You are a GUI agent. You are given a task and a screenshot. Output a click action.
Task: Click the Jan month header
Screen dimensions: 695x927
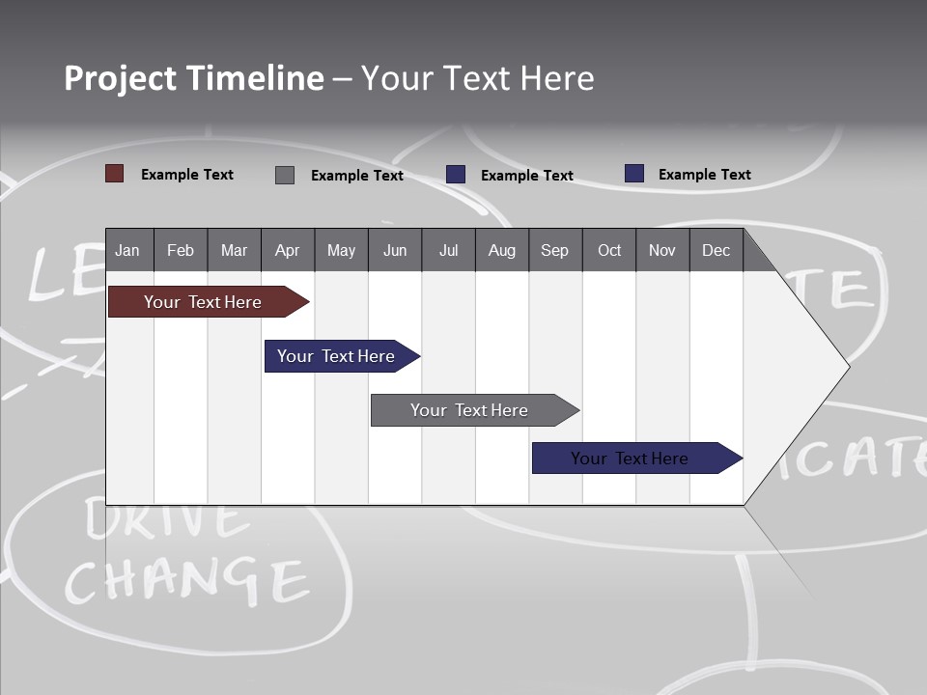pyautogui.click(x=127, y=251)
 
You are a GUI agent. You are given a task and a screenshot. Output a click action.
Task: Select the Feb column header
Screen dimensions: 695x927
pyautogui.click(x=181, y=251)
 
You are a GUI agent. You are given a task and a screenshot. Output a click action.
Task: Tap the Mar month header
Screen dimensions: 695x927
pyautogui.click(x=234, y=251)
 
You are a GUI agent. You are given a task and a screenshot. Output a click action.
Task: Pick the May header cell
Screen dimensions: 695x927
pyautogui.click(x=341, y=251)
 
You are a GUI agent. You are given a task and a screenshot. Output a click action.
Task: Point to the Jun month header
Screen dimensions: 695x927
pyautogui.click(x=395, y=251)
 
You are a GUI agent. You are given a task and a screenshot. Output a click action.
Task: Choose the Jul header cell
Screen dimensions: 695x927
pyautogui.click(x=448, y=251)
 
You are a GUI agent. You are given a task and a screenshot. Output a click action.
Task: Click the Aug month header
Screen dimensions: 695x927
pyautogui.click(x=502, y=251)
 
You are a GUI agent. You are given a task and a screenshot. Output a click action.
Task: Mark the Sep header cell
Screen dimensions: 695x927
pyautogui.click(x=555, y=251)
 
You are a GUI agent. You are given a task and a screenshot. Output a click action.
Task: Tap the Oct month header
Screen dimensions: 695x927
pyautogui.click(x=609, y=251)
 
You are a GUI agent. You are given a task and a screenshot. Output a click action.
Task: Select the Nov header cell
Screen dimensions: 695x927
pyautogui.click(x=662, y=251)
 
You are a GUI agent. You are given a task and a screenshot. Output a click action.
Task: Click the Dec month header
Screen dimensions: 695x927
pyautogui.click(x=716, y=251)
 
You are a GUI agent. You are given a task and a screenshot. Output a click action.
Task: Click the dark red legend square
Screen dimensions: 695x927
pyautogui.click(x=115, y=174)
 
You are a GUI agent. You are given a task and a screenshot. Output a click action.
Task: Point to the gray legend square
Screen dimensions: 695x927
pyautogui.click(x=285, y=175)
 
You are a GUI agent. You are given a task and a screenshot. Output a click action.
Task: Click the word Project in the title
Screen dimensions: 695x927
pyautogui.click(x=120, y=78)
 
